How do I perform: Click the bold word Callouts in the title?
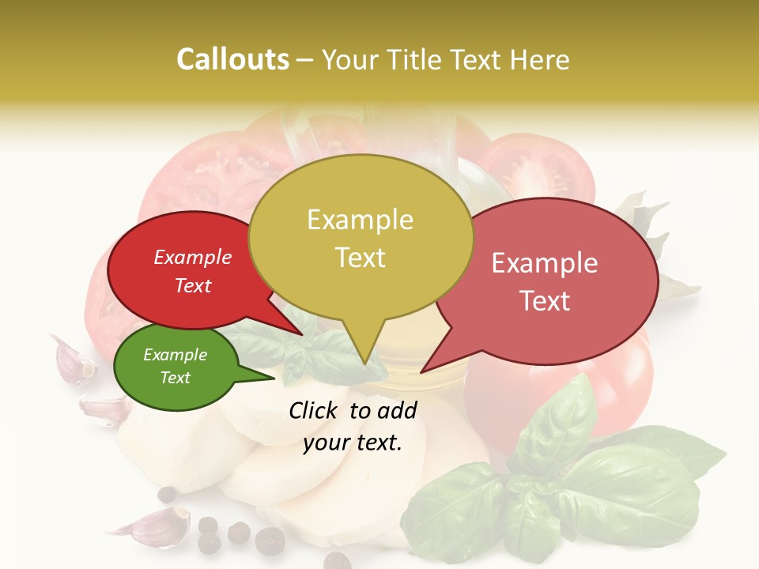click(x=232, y=59)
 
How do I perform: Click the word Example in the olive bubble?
click(x=360, y=219)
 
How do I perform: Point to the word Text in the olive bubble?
click(x=360, y=257)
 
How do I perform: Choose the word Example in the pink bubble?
click(x=544, y=263)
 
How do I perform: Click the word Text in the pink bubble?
click(x=544, y=300)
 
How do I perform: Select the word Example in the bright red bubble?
click(x=192, y=257)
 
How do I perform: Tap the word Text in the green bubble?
click(x=175, y=378)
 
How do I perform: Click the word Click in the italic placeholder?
click(x=315, y=410)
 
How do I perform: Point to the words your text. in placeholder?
click(x=353, y=443)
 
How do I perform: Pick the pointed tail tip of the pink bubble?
click(x=421, y=371)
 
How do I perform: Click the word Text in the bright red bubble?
click(x=192, y=285)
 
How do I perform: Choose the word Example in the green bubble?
click(x=175, y=355)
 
